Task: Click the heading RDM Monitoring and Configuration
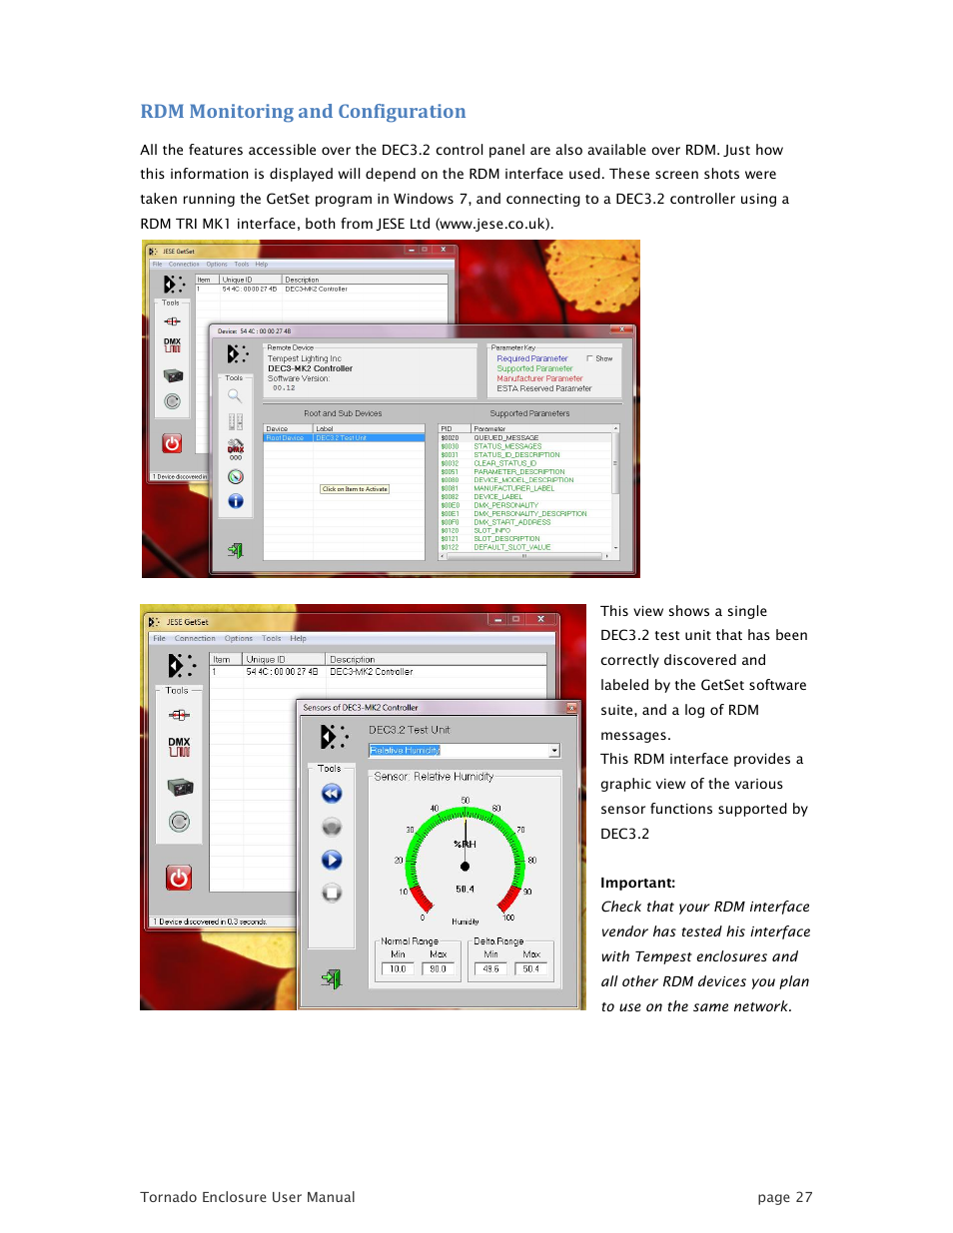(303, 112)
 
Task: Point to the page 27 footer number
(784, 1197)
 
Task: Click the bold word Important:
(637, 883)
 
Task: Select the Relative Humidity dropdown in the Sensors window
(464, 750)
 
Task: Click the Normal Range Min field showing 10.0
(398, 968)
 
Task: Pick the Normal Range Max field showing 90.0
(438, 968)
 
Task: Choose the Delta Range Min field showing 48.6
(490, 968)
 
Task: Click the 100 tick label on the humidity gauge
(508, 918)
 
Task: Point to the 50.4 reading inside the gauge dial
(465, 889)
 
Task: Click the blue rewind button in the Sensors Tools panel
(332, 794)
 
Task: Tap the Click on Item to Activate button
(355, 489)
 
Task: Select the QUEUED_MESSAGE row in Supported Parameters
(505, 438)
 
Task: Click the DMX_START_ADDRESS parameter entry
(511, 522)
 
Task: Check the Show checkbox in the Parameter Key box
(589, 358)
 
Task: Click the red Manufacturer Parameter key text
(539, 378)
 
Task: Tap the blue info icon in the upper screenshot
(236, 501)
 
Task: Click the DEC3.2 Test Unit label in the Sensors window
(409, 730)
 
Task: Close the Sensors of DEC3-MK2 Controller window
(571, 708)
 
